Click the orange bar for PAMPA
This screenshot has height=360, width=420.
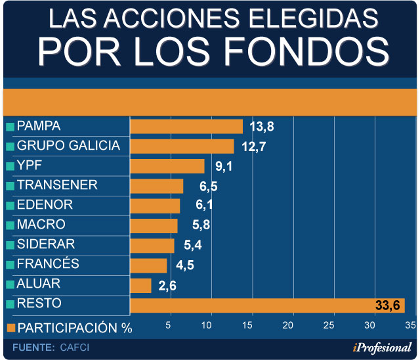click(186, 126)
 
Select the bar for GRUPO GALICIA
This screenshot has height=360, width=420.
click(182, 146)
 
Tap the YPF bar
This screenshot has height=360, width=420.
click(167, 166)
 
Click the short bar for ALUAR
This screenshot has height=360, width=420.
click(140, 285)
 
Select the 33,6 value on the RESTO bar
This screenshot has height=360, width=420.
click(388, 305)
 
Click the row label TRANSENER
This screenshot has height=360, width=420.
click(57, 185)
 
